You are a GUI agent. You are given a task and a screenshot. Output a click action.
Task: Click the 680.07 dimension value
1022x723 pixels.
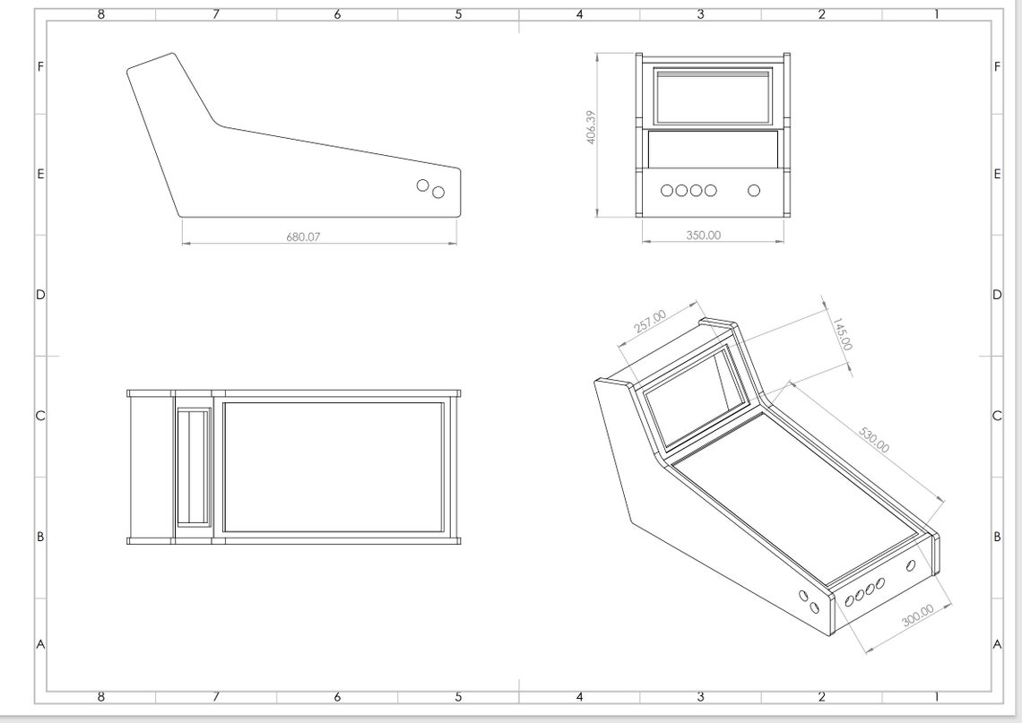coord(303,237)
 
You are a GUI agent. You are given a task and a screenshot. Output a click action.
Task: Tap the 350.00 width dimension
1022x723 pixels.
coord(703,236)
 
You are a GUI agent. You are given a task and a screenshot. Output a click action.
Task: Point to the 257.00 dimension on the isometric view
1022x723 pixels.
coord(650,322)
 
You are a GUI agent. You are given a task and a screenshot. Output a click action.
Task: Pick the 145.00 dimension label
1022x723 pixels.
coord(842,333)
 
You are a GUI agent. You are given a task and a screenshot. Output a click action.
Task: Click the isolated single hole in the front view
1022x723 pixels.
coord(753,190)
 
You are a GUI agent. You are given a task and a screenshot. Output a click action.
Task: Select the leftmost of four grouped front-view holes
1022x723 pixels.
coord(667,190)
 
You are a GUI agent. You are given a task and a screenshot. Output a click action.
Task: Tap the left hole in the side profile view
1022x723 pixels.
coord(422,185)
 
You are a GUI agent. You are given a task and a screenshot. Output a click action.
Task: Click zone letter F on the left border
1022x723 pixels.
coord(40,66)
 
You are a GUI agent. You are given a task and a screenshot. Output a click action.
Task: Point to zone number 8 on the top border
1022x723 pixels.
coord(100,14)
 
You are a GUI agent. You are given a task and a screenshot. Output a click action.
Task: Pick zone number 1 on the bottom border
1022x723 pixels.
coord(937,697)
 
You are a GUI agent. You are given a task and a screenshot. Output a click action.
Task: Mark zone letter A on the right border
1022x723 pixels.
coord(997,644)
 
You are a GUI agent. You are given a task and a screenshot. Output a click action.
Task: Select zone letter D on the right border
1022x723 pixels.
coord(997,295)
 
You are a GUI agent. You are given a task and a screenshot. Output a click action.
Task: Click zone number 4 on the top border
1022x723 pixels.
coord(579,14)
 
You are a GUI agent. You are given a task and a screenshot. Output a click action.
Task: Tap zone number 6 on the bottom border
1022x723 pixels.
coord(337,697)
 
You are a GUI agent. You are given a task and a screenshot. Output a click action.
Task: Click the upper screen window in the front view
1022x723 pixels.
coord(713,96)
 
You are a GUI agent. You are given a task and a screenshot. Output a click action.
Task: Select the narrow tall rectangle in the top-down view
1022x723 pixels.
coord(193,467)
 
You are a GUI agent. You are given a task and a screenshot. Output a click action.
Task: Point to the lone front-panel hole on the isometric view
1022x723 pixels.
coord(911,565)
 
